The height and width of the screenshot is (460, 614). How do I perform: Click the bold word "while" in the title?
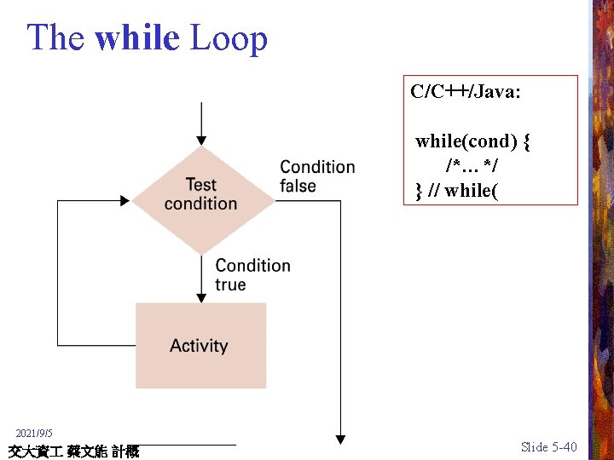coord(137,37)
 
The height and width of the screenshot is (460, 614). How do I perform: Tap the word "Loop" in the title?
coord(228,37)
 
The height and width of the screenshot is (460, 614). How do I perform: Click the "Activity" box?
coord(200,345)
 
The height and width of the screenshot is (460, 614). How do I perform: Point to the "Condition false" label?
coord(316,176)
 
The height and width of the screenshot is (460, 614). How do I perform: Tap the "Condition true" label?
coord(252,274)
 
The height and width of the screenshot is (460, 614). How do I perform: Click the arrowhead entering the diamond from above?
coord(201,140)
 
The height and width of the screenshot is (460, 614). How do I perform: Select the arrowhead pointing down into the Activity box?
coord(201,297)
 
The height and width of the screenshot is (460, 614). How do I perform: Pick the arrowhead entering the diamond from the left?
coord(125,201)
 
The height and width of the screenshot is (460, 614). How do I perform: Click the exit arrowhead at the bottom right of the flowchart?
coord(340,440)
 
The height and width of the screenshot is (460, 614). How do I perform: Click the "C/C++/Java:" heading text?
coord(466,92)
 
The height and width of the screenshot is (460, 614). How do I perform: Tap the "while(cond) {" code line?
coord(472,141)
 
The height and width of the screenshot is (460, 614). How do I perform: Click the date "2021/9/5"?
coord(34,434)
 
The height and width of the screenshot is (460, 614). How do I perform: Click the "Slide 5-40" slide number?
coord(548,447)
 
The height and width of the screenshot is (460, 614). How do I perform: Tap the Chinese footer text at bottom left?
coord(72,451)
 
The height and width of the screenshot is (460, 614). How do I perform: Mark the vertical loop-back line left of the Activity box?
coord(57,273)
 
